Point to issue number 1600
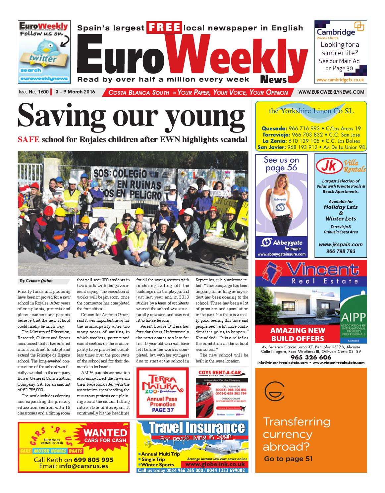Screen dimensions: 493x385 [x=43, y=92]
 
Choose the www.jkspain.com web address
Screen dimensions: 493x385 [x=341, y=245]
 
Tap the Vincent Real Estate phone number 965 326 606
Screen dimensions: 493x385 [x=311, y=357]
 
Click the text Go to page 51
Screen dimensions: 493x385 [x=288, y=459]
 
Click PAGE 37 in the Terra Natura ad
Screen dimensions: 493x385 [x=161, y=410]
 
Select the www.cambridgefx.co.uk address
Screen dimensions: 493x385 [x=341, y=80]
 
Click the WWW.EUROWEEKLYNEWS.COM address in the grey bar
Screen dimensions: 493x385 [x=331, y=92]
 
